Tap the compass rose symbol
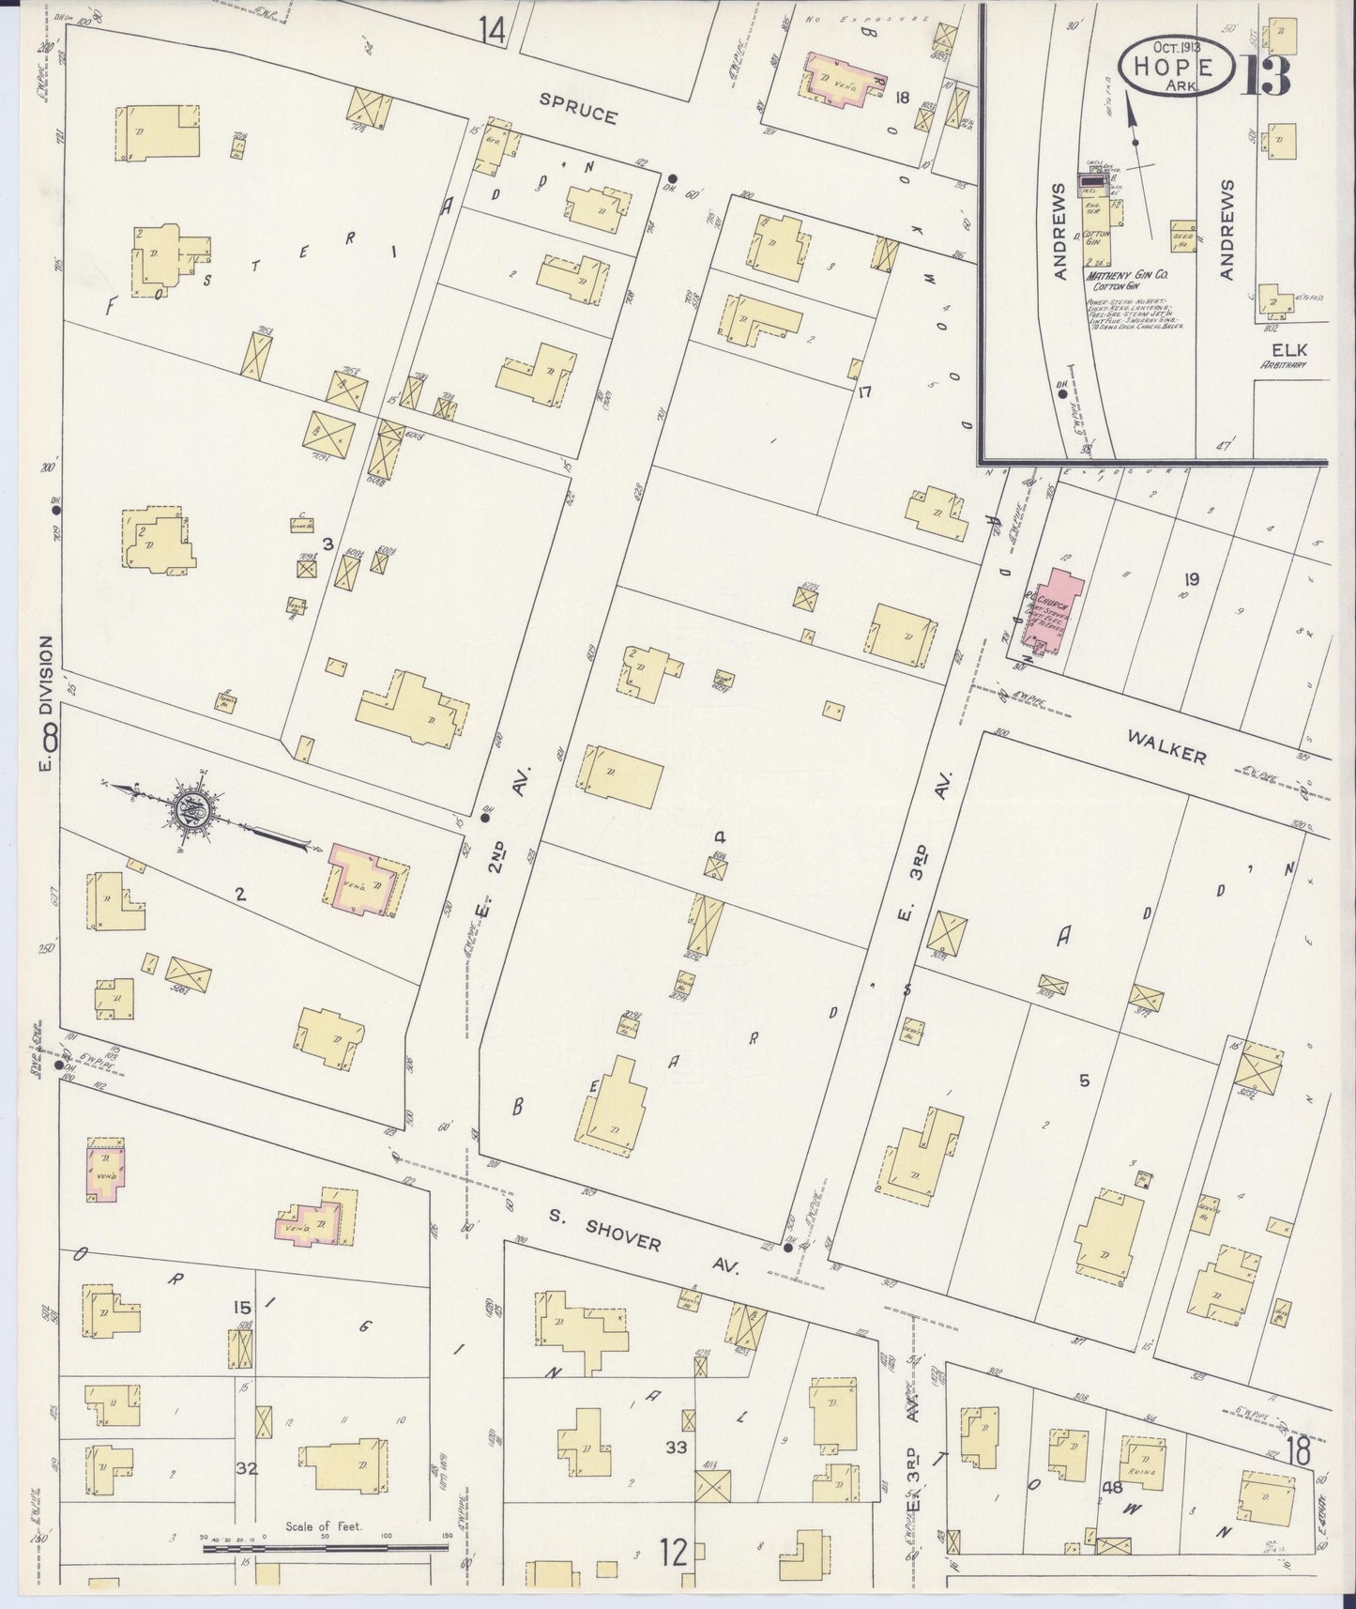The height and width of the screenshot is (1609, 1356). coord(192,809)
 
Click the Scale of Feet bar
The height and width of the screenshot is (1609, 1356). coord(326,1543)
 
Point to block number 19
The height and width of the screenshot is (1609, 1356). coord(1192,579)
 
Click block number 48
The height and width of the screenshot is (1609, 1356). coord(1113,1487)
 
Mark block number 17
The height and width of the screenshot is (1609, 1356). coord(865,391)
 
